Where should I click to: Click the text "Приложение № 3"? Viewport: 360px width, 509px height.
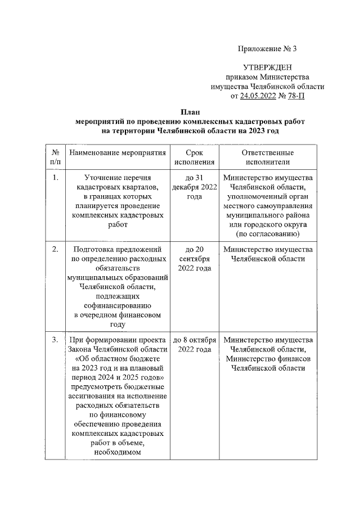[268, 48]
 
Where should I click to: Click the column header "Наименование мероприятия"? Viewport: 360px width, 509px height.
[118, 152]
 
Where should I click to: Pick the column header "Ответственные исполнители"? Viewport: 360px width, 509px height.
[268, 157]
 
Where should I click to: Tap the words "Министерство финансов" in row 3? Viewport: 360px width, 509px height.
[268, 359]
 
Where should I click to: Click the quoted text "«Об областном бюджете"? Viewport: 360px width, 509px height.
[118, 359]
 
